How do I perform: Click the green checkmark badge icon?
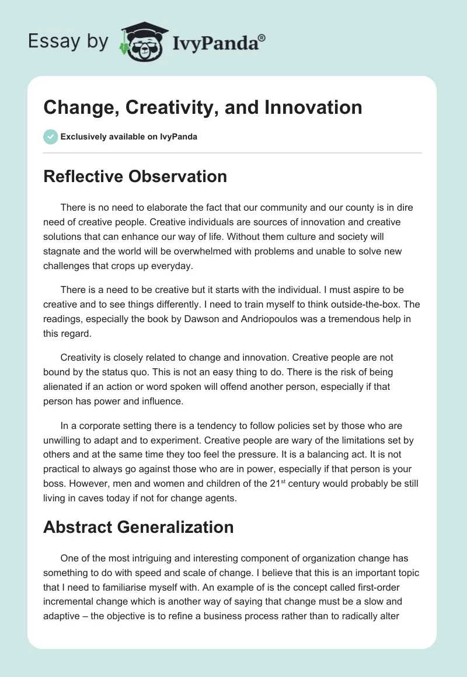point(50,137)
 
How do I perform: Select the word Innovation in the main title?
point(313,107)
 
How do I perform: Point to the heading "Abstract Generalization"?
point(138,527)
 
